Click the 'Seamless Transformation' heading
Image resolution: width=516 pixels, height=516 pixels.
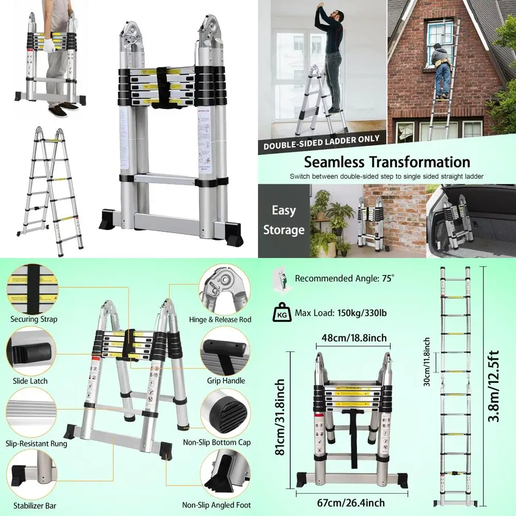(x=386, y=162)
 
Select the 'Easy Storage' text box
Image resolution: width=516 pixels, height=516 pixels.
(x=283, y=220)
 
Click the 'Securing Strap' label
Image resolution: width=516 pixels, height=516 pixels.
(x=34, y=319)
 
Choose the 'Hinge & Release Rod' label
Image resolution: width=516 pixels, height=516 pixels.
(x=220, y=319)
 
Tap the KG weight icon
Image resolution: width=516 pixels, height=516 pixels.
(x=281, y=313)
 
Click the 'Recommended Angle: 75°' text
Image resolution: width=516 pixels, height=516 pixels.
(x=344, y=278)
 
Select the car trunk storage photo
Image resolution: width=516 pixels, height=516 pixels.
(x=471, y=221)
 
